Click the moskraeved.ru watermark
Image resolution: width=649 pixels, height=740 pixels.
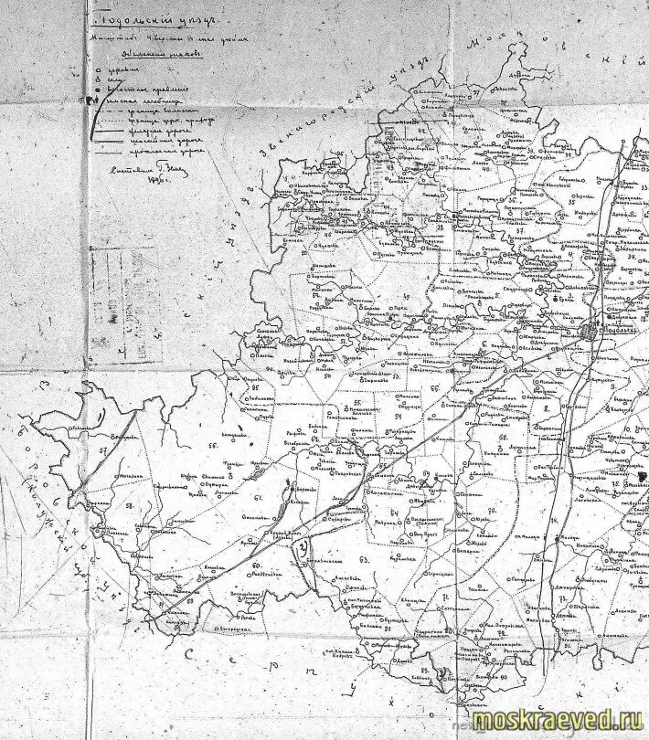[559, 720]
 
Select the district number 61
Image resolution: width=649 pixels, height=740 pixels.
[258, 497]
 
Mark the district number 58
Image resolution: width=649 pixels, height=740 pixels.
[129, 504]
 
